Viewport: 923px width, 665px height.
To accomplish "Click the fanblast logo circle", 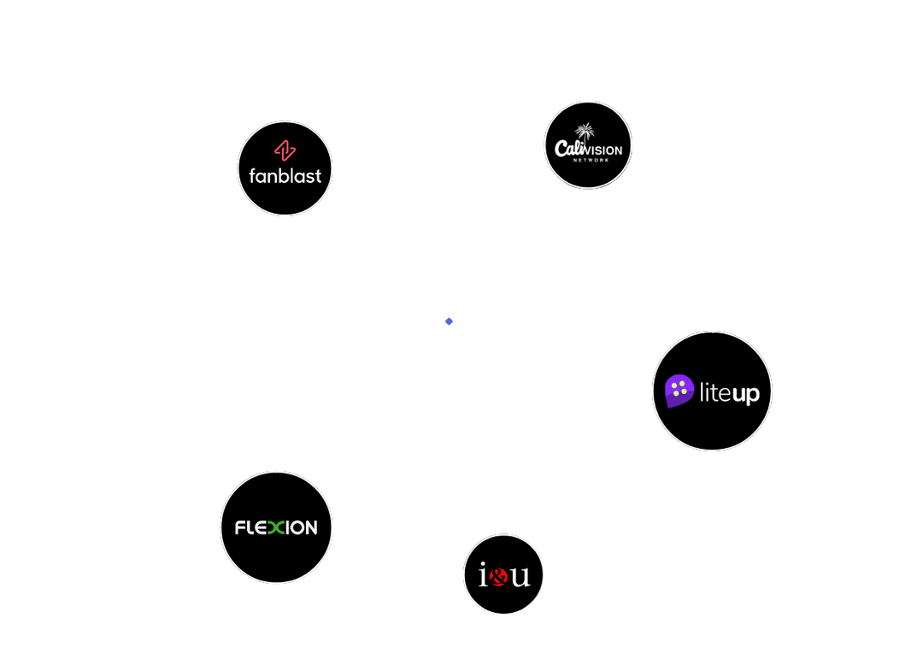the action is coord(285,168).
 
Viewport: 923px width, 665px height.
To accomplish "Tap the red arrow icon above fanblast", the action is coord(285,150).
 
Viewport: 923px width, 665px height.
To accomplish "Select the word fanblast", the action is coord(285,175).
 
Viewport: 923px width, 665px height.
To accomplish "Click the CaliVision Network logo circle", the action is coord(588,144).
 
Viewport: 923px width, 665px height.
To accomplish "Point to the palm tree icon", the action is coord(585,132).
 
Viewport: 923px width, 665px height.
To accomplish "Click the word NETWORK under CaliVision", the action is coord(591,160).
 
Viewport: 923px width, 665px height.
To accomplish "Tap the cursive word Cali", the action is coord(570,149).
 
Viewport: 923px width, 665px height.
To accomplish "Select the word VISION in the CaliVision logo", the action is coord(604,150).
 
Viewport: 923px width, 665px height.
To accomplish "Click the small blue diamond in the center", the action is coord(450,321).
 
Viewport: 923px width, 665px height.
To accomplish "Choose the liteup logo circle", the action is coord(712,391).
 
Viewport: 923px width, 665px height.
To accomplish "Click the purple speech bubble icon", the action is coord(679,391).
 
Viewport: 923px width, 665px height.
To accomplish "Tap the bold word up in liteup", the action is coord(744,394).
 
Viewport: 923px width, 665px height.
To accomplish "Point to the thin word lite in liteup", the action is coord(714,391).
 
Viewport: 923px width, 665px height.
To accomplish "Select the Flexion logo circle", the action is coord(276,527).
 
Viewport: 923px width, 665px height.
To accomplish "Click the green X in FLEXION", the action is coord(275,527).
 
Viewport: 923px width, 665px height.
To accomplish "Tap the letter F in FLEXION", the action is coord(240,527).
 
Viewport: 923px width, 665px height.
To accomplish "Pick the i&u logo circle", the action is coord(503,574).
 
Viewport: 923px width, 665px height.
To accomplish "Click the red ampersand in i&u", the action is coord(498,577).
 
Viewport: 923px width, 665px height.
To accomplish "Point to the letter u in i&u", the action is coord(520,576).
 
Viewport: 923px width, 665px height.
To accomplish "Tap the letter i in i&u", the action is coord(483,574).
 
